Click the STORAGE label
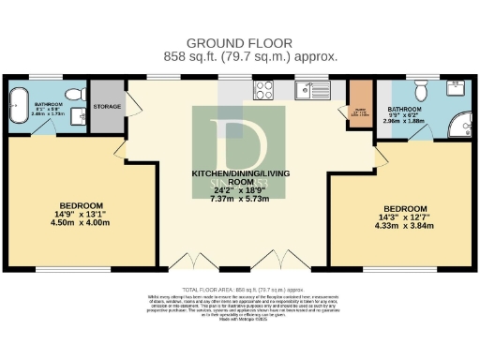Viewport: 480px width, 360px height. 108,107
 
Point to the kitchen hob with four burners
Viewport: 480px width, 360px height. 264,91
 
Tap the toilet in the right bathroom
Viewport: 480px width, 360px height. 421,90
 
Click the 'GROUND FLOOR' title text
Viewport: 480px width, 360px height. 239,43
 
